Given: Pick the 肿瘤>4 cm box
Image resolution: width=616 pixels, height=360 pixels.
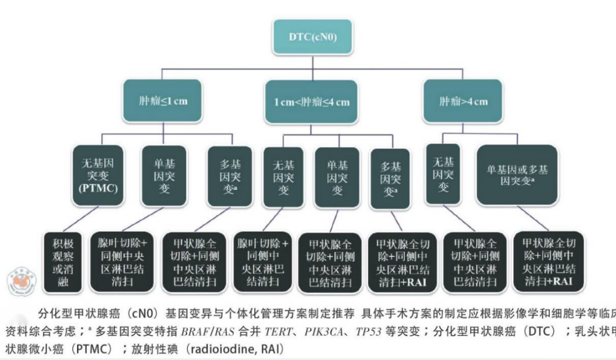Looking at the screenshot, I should coord(463,101).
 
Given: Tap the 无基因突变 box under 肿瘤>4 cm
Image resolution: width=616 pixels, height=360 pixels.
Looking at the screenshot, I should coord(443,174).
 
